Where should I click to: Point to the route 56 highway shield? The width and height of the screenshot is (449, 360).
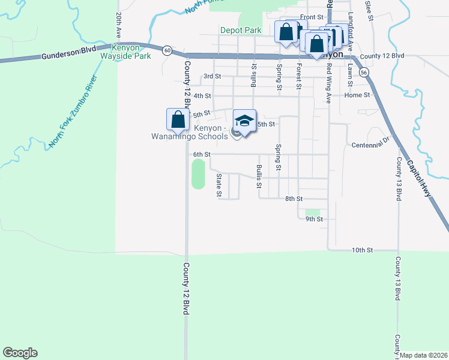point(364,72)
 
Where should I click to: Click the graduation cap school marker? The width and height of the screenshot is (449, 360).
point(244,121)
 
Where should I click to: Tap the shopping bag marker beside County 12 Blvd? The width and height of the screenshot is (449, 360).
point(178,119)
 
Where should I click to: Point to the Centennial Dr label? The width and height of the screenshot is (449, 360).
point(371,145)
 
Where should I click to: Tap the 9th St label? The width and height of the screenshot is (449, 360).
point(314,219)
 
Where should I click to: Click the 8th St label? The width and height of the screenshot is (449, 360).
point(293,198)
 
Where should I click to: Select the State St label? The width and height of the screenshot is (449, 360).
point(219,185)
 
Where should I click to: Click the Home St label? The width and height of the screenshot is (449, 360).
point(357,95)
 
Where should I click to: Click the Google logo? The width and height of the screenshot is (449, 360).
point(20,353)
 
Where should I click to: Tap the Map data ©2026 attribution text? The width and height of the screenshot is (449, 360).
point(423,355)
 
